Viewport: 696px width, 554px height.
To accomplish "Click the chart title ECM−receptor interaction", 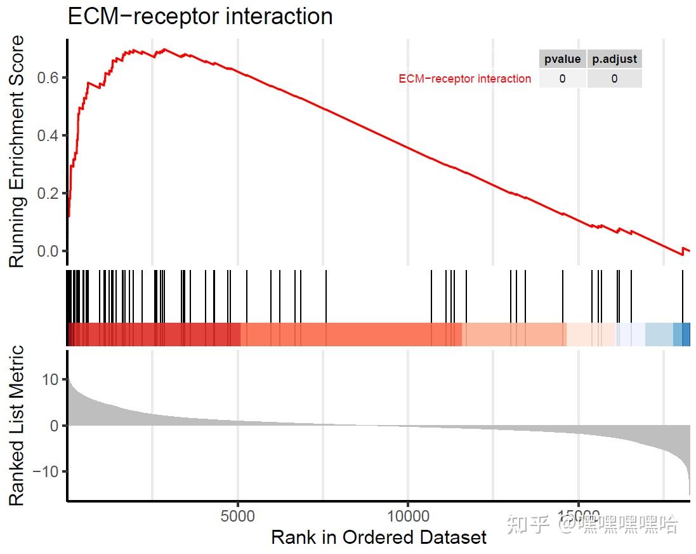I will pos(200,16).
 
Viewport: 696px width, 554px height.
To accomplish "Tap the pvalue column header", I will pos(562,59).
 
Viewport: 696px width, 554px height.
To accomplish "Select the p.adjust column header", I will pos(614,59).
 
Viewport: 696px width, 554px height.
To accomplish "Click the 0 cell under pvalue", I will pos(562,79).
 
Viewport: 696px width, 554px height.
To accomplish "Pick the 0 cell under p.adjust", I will pos(614,79).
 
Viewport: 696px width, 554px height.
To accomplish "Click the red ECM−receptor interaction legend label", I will pos(464,79).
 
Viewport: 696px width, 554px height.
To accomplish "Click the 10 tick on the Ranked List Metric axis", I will pos(50,380).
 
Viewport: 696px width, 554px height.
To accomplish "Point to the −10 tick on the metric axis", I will pos(46,471).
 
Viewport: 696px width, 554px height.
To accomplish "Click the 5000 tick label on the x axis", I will pos(238,515).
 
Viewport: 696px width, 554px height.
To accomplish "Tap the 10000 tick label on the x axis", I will pos(408,515).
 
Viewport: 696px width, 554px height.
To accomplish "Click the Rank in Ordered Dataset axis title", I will pos(379,537).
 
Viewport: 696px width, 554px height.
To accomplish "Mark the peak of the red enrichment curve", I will pos(164,49).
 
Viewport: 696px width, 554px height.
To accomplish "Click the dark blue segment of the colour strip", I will pos(686,334).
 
